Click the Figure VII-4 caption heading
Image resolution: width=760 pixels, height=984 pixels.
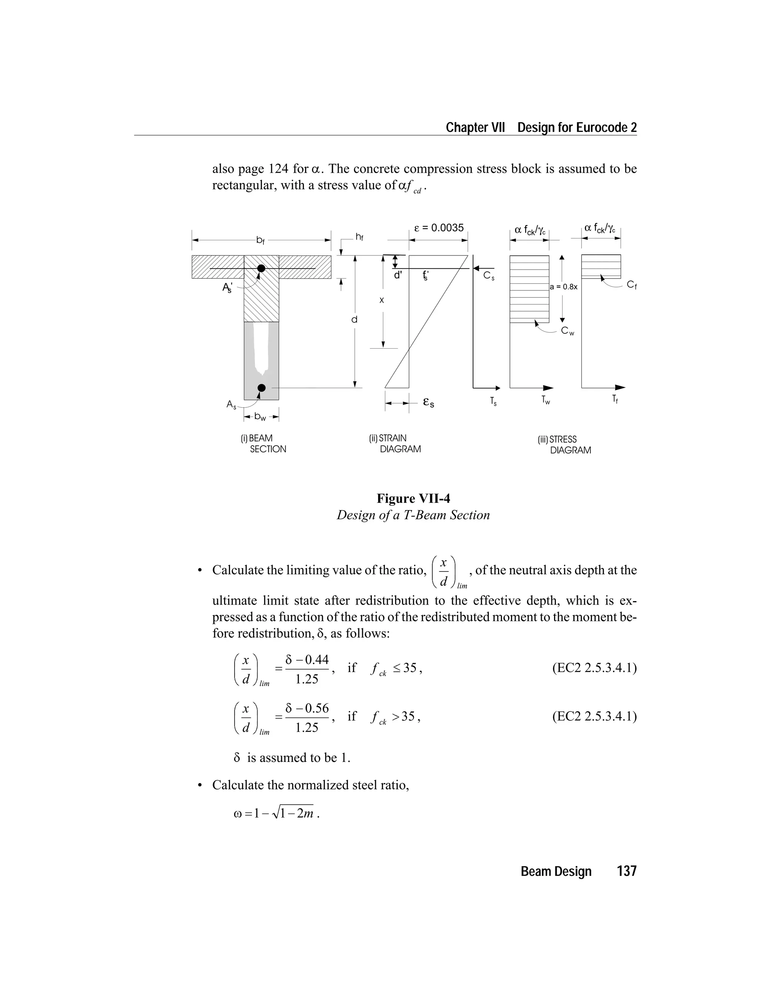413,498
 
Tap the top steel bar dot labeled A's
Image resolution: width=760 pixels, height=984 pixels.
261,268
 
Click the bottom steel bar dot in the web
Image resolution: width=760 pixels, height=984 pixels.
261,388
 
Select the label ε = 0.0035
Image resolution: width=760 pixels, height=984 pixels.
439,228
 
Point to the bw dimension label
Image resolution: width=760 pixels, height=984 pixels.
261,417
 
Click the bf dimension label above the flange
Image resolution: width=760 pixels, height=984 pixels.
261,241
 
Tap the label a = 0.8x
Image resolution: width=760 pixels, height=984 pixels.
564,287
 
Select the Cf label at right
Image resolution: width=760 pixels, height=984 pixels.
632,285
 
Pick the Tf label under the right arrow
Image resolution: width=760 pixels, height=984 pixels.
615,399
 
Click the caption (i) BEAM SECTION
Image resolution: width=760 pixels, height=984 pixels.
263,444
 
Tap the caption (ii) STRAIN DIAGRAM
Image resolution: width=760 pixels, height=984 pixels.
395,444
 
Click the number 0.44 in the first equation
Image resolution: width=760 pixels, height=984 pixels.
317,660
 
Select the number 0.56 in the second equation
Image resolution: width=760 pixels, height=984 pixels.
317,708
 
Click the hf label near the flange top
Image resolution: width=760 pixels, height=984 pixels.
359,237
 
